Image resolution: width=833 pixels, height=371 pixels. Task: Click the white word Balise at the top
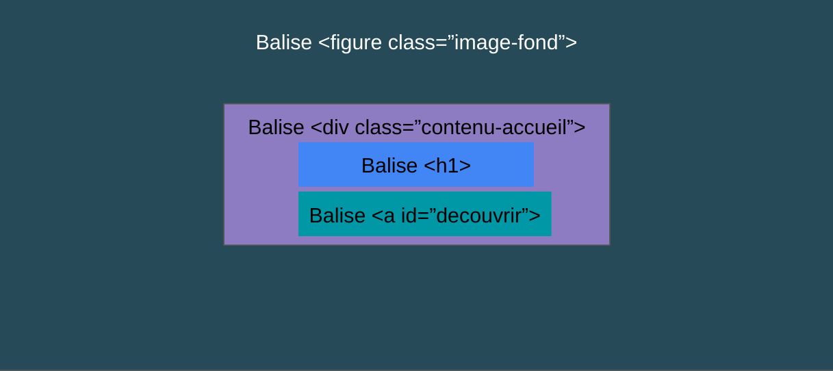[x=284, y=42]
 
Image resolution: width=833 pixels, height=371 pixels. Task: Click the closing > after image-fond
[x=572, y=43]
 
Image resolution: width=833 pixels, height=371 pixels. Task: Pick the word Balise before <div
[x=276, y=127]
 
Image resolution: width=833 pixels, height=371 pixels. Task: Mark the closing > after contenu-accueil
[x=580, y=128]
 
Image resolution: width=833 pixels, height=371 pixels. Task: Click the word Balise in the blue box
[x=389, y=166]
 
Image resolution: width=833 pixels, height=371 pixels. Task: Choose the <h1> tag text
[x=447, y=166]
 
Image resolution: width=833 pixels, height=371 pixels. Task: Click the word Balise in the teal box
[x=337, y=216]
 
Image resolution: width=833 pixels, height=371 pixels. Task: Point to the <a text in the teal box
[x=383, y=216]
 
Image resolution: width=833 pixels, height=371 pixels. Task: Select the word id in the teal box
[x=409, y=216]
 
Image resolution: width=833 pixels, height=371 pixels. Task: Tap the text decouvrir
[x=479, y=216]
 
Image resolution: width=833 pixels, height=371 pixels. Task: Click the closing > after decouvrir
[x=535, y=216]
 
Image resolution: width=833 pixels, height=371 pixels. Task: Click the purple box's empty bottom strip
[x=416, y=240]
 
